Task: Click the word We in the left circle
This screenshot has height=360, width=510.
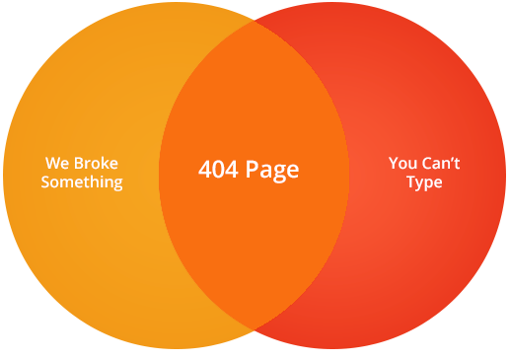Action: (58, 163)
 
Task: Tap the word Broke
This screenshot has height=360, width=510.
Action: (97, 163)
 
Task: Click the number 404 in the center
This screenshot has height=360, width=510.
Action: (216, 170)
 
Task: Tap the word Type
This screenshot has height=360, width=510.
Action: (424, 182)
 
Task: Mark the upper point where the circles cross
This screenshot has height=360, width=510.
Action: (255, 21)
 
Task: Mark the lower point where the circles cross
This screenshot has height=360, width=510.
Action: (255, 329)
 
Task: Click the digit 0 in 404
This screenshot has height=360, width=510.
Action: (216, 170)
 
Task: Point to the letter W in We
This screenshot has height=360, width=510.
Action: (53, 163)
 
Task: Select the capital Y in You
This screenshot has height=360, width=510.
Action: (394, 163)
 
